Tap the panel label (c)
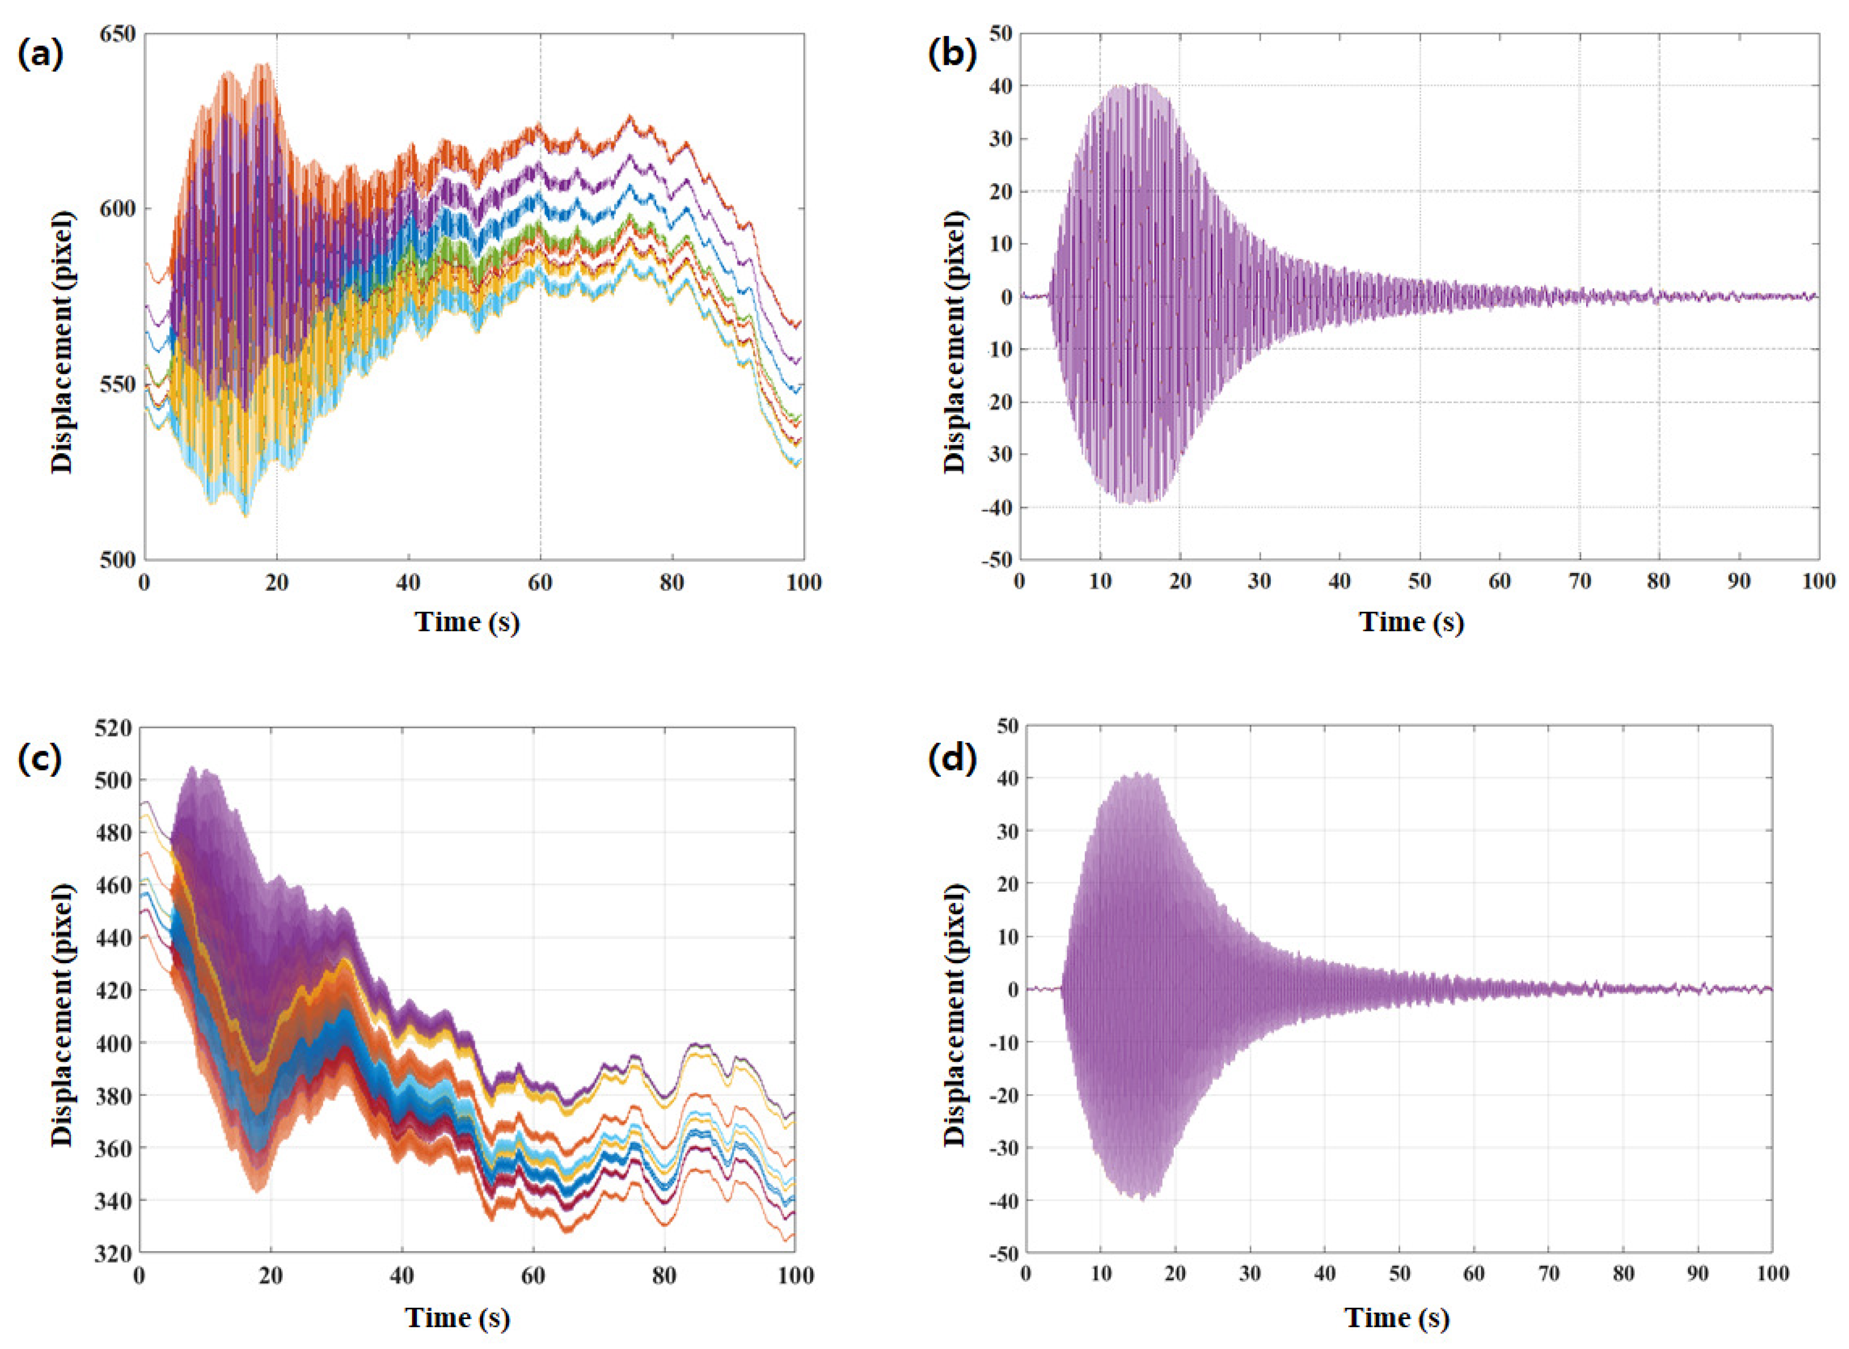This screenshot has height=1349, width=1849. point(39,759)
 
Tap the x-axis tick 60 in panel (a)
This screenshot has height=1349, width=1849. point(540,582)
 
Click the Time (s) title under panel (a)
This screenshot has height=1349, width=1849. point(468,622)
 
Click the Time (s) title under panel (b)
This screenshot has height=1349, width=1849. point(1411,622)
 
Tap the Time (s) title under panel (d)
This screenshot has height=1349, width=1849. point(1397,1318)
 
